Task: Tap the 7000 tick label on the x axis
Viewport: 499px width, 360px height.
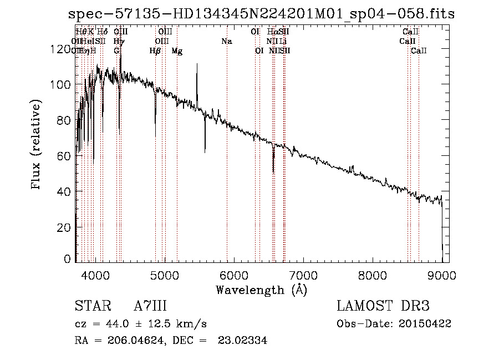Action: (303, 274)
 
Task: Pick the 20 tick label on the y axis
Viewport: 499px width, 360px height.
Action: (63, 227)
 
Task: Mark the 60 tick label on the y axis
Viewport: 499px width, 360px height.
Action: (63, 156)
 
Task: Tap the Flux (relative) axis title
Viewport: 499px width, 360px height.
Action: (37, 145)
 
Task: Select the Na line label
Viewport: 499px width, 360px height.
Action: (226, 41)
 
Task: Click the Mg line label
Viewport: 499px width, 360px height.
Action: (177, 51)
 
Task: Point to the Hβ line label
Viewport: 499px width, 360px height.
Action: (155, 51)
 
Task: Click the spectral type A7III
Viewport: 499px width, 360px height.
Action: (151, 306)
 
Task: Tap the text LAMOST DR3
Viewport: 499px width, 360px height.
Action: (383, 306)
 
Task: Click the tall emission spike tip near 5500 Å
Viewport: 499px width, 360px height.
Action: (197, 64)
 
